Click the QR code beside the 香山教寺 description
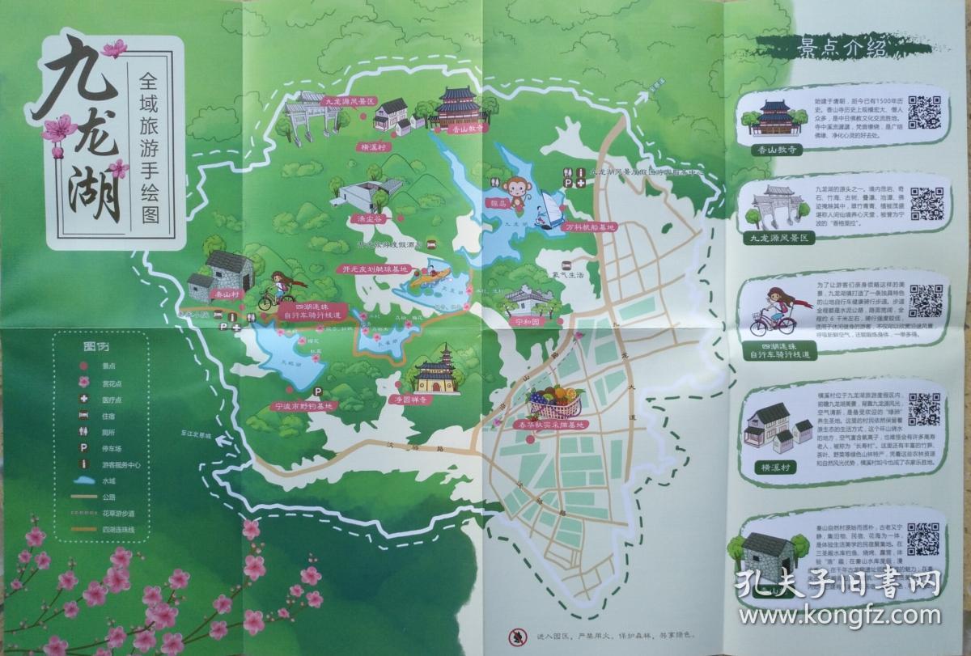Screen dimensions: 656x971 click(x=925, y=112)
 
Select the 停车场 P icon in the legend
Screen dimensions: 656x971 click(x=83, y=447)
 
